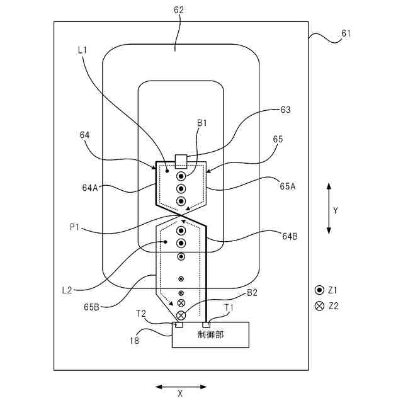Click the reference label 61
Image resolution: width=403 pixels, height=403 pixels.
(x=346, y=33)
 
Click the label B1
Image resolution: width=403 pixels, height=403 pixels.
(x=202, y=124)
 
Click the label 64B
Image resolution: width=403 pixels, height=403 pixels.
(x=290, y=236)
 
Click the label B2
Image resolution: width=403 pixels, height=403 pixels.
(x=252, y=293)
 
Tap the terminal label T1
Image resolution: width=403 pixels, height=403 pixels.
(x=232, y=307)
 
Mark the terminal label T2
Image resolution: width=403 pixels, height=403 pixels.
(x=140, y=313)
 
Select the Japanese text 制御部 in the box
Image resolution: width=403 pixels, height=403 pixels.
(x=210, y=334)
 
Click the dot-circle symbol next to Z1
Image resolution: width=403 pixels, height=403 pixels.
(x=319, y=290)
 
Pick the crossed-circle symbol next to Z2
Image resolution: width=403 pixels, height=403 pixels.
(x=319, y=306)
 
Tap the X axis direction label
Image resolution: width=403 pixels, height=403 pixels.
(x=180, y=394)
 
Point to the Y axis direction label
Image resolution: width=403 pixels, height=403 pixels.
(x=335, y=211)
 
